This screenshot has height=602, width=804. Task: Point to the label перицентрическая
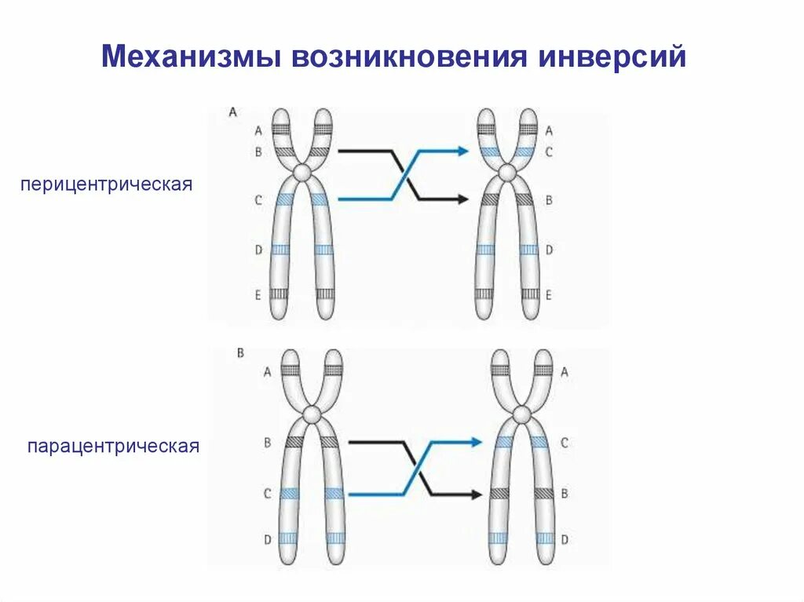coord(107,186)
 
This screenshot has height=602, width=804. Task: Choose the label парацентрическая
coord(114,447)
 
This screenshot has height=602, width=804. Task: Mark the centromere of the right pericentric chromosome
coord(507,172)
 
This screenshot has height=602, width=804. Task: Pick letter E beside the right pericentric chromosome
coord(549,295)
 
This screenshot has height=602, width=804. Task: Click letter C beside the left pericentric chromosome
coord(258,200)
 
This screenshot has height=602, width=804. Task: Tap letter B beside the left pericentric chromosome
coord(258,151)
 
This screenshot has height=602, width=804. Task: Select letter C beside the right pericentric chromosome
coord(549,151)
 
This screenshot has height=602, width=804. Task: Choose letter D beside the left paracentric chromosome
coord(268,539)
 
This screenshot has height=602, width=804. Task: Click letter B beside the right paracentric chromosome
coord(565,494)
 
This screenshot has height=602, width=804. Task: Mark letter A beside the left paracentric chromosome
coord(268,373)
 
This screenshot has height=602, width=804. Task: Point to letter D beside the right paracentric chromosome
coord(565,540)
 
